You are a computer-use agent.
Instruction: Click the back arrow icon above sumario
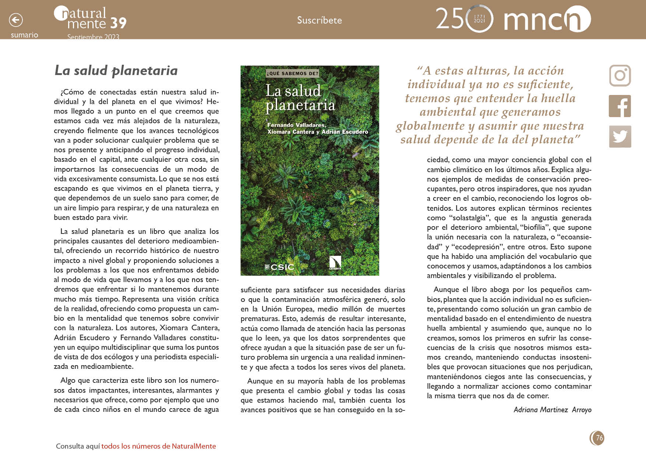16,20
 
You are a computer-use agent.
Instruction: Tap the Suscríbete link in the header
319,20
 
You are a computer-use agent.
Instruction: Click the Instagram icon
620,76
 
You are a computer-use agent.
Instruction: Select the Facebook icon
620,106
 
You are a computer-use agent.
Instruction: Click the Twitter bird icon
620,136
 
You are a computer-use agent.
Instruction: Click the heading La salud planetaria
116,70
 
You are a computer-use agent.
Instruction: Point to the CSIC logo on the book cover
280,267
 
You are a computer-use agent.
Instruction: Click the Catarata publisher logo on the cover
335,263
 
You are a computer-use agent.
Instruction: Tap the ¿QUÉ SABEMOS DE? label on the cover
292,73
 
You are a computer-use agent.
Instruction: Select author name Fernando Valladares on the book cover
296,125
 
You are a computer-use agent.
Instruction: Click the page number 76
599,438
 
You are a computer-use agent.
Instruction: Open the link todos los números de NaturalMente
158,446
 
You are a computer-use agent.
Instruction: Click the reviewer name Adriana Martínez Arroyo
552,410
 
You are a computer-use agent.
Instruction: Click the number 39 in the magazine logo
118,23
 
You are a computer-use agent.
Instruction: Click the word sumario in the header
24,35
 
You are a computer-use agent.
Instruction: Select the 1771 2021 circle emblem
479,19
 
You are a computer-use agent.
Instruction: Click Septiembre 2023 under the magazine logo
93,37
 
